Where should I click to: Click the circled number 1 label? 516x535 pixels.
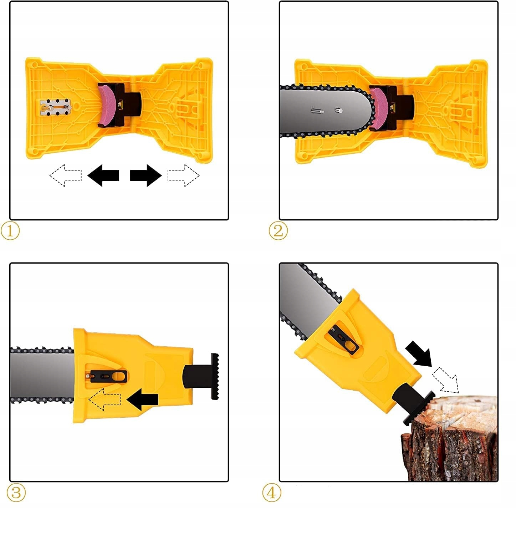(10, 231)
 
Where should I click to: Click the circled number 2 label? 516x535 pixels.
(278, 231)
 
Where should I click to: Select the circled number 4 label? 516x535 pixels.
(271, 493)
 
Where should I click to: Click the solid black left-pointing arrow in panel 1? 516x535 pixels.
(103, 175)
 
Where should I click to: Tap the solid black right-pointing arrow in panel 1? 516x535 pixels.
(146, 175)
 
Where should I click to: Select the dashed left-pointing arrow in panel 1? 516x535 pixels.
(66, 175)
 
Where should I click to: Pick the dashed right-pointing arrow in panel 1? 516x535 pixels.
(183, 175)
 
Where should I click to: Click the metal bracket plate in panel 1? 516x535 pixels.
(55, 107)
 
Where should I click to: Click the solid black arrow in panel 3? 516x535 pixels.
(142, 400)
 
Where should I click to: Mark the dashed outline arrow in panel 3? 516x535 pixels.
(104, 399)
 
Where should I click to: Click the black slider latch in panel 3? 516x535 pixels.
(108, 376)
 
